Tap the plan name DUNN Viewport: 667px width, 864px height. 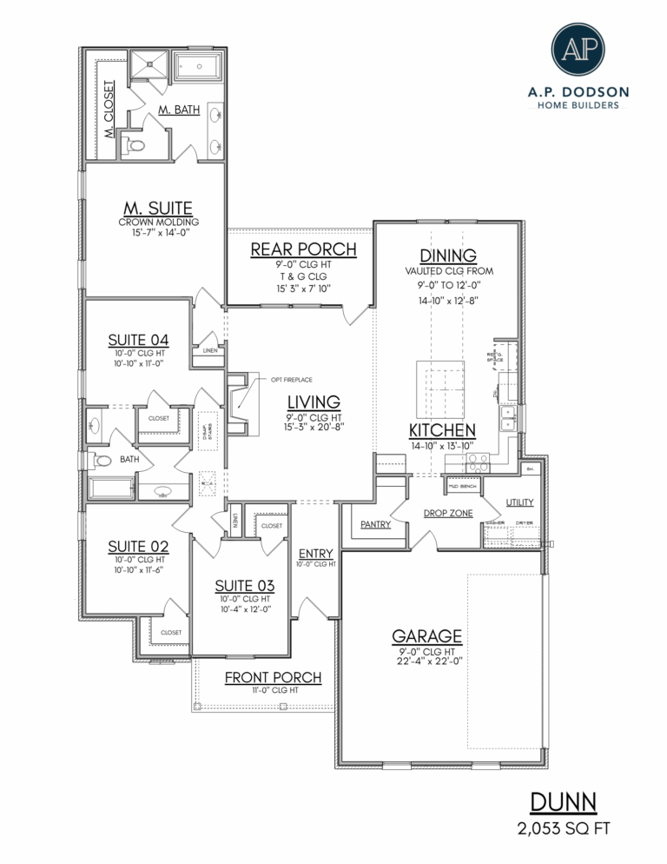(x=562, y=801)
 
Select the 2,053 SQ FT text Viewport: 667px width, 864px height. (x=562, y=828)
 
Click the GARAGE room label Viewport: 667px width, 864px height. (x=426, y=635)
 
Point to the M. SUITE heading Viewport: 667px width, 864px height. (x=158, y=208)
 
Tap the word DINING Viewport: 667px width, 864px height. (x=448, y=255)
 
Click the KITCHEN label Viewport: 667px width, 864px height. (x=442, y=430)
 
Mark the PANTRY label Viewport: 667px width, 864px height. (x=375, y=525)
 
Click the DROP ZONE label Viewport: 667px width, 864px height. (x=448, y=513)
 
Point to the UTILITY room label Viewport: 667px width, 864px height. (x=519, y=502)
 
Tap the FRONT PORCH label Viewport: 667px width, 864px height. (x=273, y=677)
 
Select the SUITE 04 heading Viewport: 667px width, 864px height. (x=138, y=339)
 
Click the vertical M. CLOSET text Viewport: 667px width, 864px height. (x=109, y=110)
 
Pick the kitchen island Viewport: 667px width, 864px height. (x=439, y=388)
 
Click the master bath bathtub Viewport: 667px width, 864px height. (x=200, y=66)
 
